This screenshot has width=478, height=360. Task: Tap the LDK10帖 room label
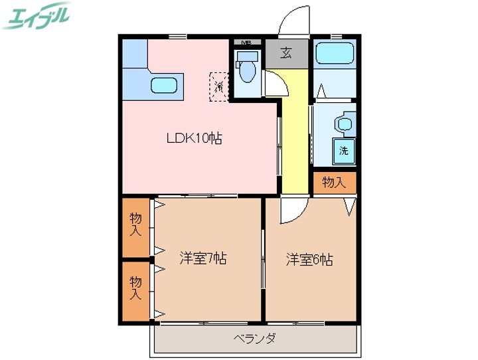[x=193, y=138]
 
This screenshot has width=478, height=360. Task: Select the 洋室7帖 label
[x=203, y=258]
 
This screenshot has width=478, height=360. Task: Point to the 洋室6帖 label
[x=309, y=259]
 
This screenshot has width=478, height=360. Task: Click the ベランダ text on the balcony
[x=255, y=339]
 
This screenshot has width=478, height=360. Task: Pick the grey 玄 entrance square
[x=287, y=53]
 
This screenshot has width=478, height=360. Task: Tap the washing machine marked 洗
[x=343, y=150]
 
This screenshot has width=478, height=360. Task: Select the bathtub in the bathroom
[x=334, y=53]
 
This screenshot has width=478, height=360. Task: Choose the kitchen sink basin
[x=163, y=85]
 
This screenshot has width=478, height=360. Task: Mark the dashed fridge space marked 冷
[x=218, y=86]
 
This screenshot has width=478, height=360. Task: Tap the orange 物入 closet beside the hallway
[x=334, y=182]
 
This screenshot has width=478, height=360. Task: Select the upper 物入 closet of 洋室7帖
[x=135, y=226]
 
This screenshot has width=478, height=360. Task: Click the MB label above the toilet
[x=246, y=43]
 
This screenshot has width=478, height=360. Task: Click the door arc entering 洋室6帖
[x=290, y=211]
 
